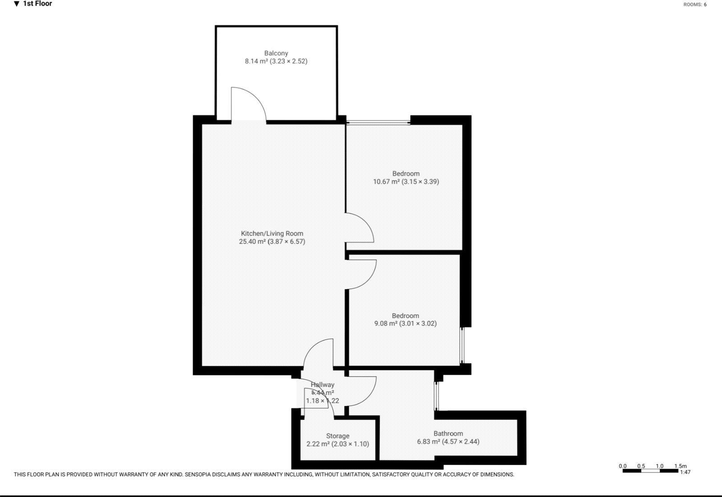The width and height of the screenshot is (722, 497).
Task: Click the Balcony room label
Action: point(276,53)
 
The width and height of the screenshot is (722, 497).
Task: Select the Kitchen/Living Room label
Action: point(272,233)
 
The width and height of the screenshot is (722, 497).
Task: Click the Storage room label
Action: point(338,436)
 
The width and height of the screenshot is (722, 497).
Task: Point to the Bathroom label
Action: point(448,433)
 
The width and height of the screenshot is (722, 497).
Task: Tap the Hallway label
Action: point(322,385)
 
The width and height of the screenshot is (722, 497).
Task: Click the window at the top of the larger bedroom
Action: point(378,121)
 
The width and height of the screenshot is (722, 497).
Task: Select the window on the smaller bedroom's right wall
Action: point(462,345)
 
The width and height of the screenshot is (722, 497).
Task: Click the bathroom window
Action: point(436,396)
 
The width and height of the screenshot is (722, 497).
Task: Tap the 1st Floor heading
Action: point(37,4)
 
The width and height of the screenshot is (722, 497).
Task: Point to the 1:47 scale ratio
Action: point(685,472)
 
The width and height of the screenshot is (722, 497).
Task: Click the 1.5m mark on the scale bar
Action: point(680,466)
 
